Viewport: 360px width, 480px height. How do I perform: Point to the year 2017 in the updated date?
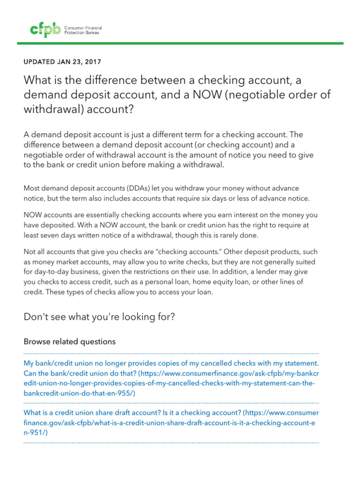(92, 61)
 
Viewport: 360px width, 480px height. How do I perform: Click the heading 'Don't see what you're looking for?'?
(99, 317)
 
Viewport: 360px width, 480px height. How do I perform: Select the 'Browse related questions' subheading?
(69, 342)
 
